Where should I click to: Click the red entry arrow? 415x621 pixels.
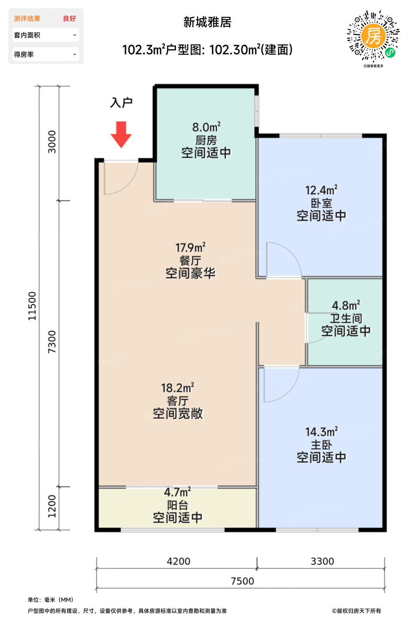click(121, 134)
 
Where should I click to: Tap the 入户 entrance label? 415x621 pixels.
click(121, 102)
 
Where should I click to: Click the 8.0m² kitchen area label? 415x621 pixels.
click(207, 127)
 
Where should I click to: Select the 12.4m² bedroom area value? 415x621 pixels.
click(321, 190)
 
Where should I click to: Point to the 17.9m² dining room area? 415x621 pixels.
click(190, 248)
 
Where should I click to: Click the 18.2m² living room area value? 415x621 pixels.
click(178, 388)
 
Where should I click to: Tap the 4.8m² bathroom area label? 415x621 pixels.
click(346, 306)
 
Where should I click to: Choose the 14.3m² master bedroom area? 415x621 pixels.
click(321, 432)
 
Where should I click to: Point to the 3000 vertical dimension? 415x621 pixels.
click(52, 142)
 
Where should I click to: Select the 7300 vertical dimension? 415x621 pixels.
click(52, 342)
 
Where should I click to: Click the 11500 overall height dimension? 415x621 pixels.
click(32, 306)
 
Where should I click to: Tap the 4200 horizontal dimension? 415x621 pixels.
click(178, 562)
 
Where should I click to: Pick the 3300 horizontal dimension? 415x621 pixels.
click(322, 562)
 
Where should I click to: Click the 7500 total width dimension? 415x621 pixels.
click(243, 581)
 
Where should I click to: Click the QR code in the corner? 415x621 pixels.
click(373, 36)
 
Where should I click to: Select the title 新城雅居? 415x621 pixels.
click(207, 22)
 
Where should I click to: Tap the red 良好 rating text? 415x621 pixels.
click(69, 19)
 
